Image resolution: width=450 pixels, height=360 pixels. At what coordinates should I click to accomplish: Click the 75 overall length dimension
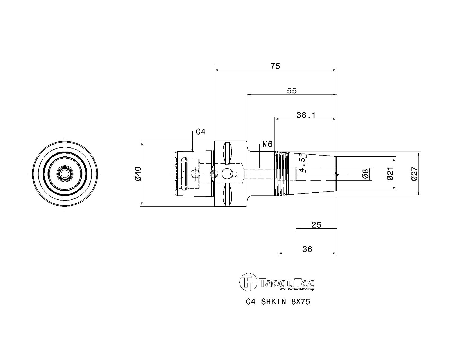point(275,66)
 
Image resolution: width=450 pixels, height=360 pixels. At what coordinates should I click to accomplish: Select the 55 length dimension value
point(292,91)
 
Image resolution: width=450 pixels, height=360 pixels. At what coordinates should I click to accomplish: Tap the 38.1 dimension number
point(306,115)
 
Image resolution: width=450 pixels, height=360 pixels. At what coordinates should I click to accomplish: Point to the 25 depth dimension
point(316,225)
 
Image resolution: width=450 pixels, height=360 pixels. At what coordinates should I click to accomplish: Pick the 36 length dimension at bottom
point(307,249)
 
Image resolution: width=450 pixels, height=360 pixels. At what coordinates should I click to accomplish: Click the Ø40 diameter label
point(138,174)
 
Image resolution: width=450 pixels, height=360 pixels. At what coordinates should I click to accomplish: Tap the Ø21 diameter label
point(390,174)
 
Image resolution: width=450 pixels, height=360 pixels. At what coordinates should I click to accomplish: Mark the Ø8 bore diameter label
point(365,174)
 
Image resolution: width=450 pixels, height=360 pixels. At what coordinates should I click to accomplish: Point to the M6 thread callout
point(267,144)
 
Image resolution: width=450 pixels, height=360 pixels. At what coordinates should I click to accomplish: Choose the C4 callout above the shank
point(201,132)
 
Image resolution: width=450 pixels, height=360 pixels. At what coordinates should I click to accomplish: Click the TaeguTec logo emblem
point(248,282)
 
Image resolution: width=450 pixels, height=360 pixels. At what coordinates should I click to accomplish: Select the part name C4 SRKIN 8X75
point(278,302)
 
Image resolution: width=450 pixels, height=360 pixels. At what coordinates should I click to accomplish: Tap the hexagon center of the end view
point(65,174)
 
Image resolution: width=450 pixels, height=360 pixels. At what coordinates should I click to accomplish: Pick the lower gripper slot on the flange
point(228,194)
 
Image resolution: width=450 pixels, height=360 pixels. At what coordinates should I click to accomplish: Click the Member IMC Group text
point(301,289)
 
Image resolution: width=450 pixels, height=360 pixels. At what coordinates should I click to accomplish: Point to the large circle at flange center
point(226,174)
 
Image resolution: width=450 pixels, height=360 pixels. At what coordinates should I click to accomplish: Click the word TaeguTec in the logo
point(287,283)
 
